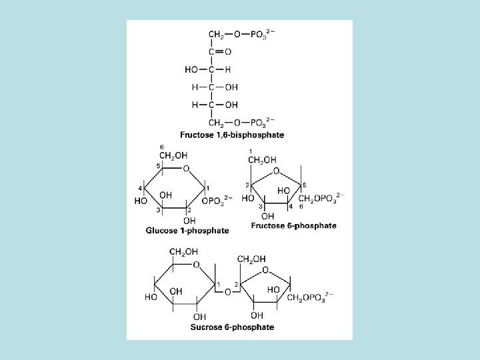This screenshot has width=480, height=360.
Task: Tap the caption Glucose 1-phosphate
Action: (187, 231)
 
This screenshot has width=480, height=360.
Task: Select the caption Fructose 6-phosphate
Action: (293, 225)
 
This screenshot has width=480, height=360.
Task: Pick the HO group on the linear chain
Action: (191, 69)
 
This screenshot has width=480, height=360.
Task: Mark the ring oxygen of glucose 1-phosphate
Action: (186, 169)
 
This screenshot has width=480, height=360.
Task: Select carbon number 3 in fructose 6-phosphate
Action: (261, 207)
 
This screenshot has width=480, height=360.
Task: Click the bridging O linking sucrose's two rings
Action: (227, 291)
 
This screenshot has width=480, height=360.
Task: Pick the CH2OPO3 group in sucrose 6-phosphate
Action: (307, 297)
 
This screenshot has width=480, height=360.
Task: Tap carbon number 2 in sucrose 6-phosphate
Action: (236, 284)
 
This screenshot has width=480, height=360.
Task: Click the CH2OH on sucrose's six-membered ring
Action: (184, 251)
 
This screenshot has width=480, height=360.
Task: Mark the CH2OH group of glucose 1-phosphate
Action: (171, 157)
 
